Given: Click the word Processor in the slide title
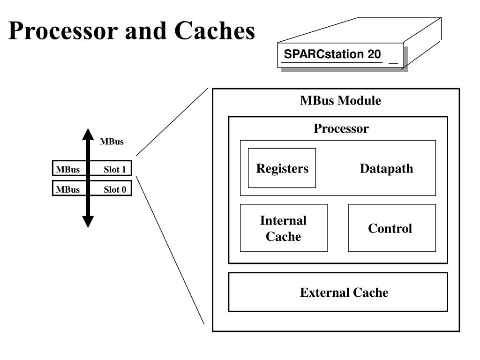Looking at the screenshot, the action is tap(63, 30).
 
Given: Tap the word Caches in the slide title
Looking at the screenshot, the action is tap(215, 30).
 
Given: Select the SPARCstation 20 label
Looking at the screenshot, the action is tap(332, 54).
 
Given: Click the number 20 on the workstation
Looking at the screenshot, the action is tap(374, 54).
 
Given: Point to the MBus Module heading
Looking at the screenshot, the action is tap(340, 100).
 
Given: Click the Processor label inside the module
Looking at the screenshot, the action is tap(341, 128).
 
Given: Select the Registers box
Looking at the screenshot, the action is tap(282, 168).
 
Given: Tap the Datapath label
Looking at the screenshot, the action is tap(386, 168).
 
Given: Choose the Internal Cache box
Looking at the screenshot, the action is tap(284, 228).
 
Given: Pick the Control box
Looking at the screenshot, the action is tap(392, 228).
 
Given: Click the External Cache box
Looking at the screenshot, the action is tap(338, 292).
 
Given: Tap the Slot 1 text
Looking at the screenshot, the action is tap(115, 169).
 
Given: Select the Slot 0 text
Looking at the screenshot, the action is tap(115, 189).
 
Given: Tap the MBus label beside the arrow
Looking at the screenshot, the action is tap(112, 142).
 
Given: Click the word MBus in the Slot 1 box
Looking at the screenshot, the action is tap(67, 169).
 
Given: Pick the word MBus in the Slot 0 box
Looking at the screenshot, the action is tap(67, 189).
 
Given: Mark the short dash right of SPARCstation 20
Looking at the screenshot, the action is tap(393, 63).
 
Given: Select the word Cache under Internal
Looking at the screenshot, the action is tap(283, 236).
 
